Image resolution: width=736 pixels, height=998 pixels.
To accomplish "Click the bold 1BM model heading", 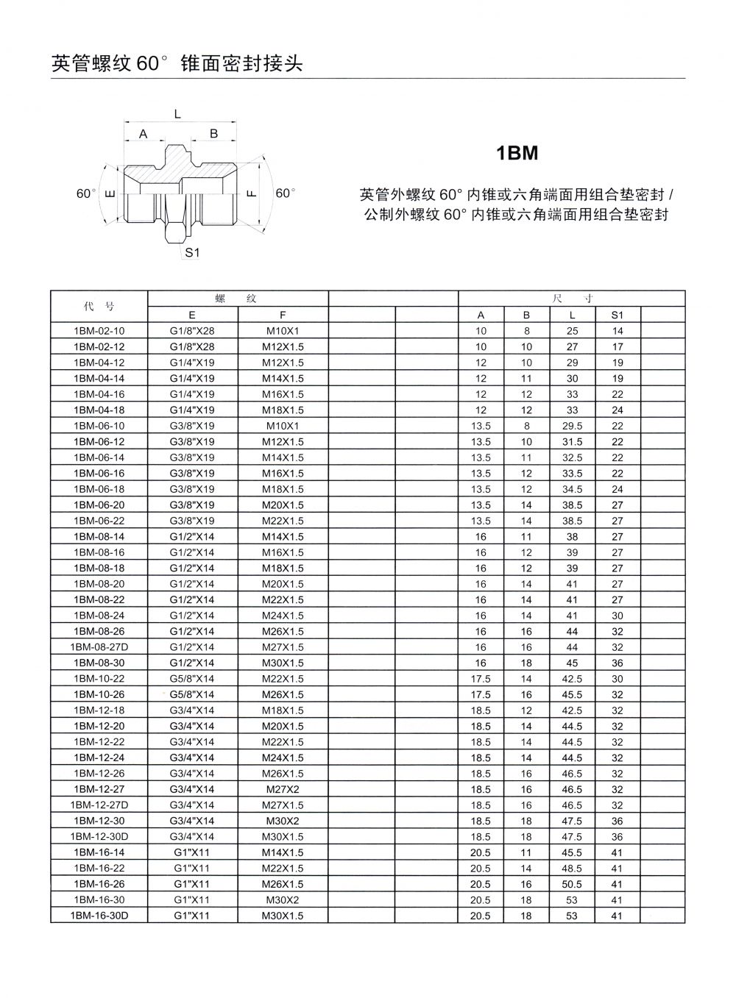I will pyautogui.click(x=517, y=154).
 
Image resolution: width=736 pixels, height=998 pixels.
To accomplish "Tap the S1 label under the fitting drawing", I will pyautogui.click(x=192, y=252).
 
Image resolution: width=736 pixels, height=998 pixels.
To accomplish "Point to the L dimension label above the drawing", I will pyautogui.click(x=177, y=113).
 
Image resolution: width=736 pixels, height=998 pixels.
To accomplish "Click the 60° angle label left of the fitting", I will pyautogui.click(x=87, y=193).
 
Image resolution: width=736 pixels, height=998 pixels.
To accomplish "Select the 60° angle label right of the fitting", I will pyautogui.click(x=285, y=193).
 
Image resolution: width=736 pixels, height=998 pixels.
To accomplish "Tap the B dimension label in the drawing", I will pyautogui.click(x=214, y=134).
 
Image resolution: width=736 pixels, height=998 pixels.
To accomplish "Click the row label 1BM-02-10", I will pyautogui.click(x=99, y=331).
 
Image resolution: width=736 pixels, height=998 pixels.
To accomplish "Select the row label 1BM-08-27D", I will pyautogui.click(x=99, y=647).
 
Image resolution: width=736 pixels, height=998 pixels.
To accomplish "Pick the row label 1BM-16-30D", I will pyautogui.click(x=99, y=916).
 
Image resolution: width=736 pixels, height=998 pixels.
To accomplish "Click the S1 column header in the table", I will pyautogui.click(x=617, y=316).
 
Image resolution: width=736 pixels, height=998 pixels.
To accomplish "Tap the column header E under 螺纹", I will pyautogui.click(x=192, y=316).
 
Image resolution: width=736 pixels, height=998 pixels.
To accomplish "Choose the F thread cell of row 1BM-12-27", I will pyautogui.click(x=283, y=789).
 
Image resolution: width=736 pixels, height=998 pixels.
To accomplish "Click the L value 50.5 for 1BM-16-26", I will pyautogui.click(x=572, y=884).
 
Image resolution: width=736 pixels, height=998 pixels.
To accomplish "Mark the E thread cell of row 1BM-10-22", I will pyautogui.click(x=192, y=679).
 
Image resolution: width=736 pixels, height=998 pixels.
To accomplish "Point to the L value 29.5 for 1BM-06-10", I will pyautogui.click(x=572, y=426).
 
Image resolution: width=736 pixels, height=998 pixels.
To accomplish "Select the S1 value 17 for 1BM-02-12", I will pyautogui.click(x=617, y=346).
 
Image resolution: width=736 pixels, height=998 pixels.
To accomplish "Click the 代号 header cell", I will pyautogui.click(x=99, y=307).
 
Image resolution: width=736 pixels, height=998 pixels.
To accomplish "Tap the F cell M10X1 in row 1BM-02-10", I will pyautogui.click(x=283, y=331).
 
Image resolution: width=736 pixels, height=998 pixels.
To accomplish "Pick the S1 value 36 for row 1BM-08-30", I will pyautogui.click(x=617, y=663).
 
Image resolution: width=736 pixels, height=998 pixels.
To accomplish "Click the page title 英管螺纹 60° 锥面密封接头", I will pyautogui.click(x=177, y=64).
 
